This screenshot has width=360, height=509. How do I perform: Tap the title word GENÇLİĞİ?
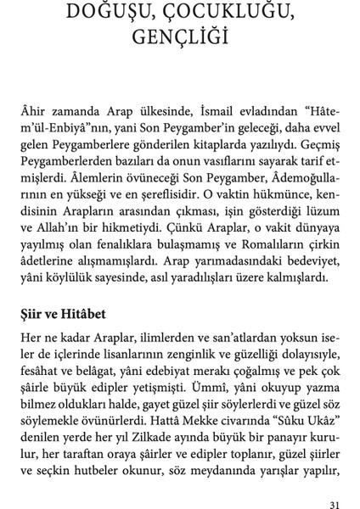click(x=180, y=38)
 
